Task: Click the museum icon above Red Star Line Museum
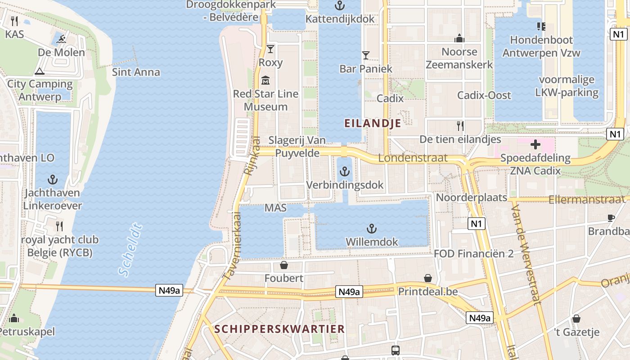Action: click(265, 81)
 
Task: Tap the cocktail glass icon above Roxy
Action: click(270, 49)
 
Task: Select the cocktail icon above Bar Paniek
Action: click(365, 55)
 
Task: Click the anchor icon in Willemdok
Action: click(371, 229)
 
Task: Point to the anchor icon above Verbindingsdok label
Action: click(344, 171)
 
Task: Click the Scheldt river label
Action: click(130, 250)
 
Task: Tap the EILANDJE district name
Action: click(373, 123)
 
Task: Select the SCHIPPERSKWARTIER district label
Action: click(279, 329)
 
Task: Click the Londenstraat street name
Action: click(413, 158)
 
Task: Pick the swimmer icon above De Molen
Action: click(61, 40)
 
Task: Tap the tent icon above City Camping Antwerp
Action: click(40, 71)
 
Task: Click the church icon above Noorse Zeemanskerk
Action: click(459, 38)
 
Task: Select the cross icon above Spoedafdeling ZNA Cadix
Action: click(535, 145)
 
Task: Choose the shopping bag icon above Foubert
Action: click(283, 265)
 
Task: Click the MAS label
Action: click(275, 208)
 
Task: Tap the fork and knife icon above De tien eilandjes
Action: click(460, 126)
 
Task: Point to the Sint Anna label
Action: click(136, 72)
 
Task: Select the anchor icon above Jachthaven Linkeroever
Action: click(53, 180)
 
